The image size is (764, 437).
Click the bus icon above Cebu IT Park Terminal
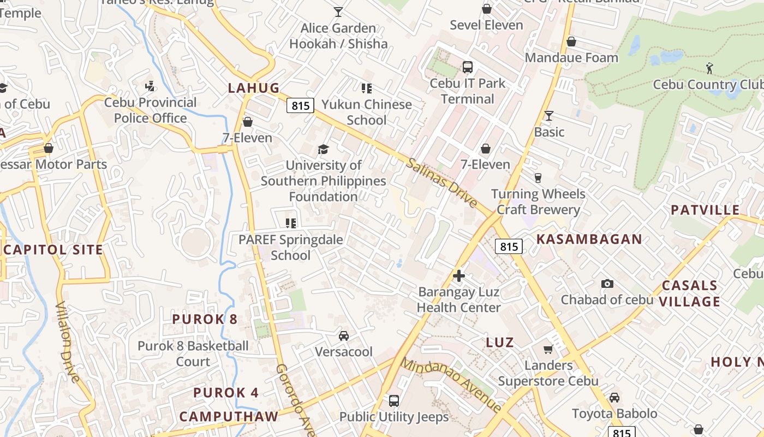click(x=467, y=67)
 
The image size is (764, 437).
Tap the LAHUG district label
click(x=254, y=88)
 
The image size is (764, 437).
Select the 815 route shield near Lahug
click(x=301, y=105)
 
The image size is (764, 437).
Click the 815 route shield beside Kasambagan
click(x=509, y=246)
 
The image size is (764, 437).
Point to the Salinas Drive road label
click(x=441, y=182)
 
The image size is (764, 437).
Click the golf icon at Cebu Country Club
click(x=709, y=69)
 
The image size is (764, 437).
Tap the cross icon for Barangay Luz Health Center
click(x=459, y=276)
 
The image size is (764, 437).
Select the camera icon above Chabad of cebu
click(x=607, y=284)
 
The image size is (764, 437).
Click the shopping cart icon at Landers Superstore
click(x=548, y=349)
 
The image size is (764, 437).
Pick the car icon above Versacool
click(x=344, y=335)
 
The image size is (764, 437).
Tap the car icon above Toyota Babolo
click(x=614, y=397)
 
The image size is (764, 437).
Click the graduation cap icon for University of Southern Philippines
click(x=323, y=149)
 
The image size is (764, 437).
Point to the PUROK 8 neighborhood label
click(x=205, y=319)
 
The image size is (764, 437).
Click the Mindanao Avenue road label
click(x=451, y=385)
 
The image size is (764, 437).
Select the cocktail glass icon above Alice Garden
click(x=338, y=11)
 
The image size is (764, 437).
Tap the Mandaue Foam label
click(x=571, y=57)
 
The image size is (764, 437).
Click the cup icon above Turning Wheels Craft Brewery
click(x=538, y=178)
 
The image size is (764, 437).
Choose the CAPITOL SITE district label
click(x=53, y=250)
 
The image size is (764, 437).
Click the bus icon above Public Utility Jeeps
click(x=394, y=401)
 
